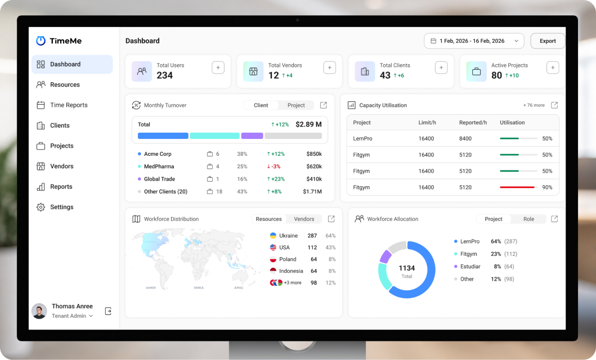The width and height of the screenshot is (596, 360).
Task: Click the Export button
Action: click(x=548, y=41)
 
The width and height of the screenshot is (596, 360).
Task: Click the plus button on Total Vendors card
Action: click(x=330, y=67)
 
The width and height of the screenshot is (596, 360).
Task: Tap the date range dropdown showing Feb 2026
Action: click(x=474, y=41)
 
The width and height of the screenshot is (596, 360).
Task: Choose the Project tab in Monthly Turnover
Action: click(x=296, y=105)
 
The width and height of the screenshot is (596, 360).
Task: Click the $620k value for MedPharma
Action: click(x=314, y=166)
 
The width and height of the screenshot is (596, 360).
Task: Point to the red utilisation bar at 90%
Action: click(x=517, y=187)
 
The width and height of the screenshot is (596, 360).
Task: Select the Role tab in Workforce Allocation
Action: click(x=528, y=219)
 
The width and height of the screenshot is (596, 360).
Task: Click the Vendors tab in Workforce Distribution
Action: click(x=304, y=219)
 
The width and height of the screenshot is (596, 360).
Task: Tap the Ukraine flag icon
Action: click(x=273, y=236)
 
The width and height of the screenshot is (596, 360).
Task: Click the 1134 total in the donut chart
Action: click(x=407, y=268)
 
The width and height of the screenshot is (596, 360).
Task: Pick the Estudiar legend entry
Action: click(x=470, y=267)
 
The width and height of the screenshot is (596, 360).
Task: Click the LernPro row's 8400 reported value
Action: click(x=465, y=138)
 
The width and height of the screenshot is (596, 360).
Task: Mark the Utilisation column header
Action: click(x=512, y=123)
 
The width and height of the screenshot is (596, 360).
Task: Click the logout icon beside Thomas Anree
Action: click(x=108, y=311)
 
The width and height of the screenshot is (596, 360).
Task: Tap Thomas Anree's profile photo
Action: click(x=39, y=311)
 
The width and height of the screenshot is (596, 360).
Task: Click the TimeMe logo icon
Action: click(x=41, y=40)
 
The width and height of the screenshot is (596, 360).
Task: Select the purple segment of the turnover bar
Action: click(x=252, y=136)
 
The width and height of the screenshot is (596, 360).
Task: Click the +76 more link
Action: click(x=534, y=105)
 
